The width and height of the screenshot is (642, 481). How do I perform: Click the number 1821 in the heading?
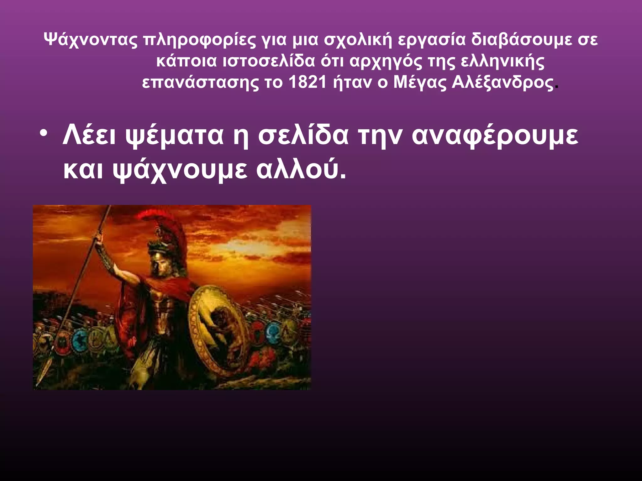click(x=308, y=82)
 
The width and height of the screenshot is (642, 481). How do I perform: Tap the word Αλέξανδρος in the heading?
click(x=503, y=82)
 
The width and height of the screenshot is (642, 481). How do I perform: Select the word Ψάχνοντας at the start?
click(x=91, y=40)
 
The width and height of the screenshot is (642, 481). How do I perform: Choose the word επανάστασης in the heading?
click(x=200, y=83)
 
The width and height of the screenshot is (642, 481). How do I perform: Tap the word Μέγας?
click(x=420, y=83)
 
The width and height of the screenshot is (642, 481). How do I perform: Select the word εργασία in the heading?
click(x=431, y=40)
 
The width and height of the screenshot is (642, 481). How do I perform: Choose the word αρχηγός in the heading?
click(x=386, y=62)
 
